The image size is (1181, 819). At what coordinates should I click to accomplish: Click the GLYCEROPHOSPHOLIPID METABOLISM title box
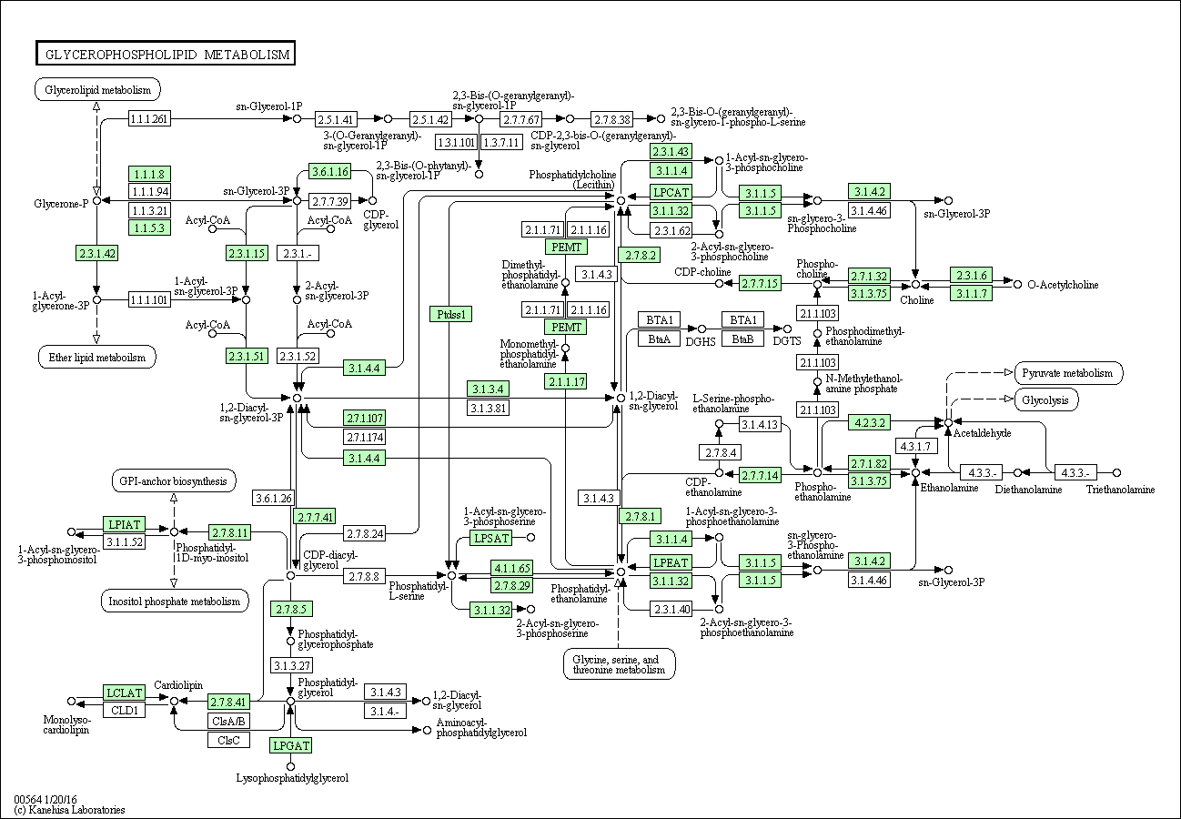pyautogui.click(x=166, y=55)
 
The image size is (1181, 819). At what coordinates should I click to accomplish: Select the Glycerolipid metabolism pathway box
pyautogui.click(x=97, y=89)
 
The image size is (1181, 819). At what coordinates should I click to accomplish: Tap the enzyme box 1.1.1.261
pyautogui.click(x=149, y=118)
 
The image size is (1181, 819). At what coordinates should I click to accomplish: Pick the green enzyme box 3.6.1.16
pyautogui.click(x=329, y=172)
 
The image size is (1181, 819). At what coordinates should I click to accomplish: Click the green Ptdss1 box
pyautogui.click(x=450, y=314)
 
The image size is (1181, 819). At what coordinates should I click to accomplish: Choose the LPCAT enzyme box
pyautogui.click(x=671, y=192)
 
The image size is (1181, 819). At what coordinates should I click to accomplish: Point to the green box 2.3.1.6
pyautogui.click(x=969, y=275)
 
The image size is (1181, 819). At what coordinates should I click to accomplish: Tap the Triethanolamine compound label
pyautogui.click(x=1120, y=490)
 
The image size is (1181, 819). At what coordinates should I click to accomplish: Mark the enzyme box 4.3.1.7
pyautogui.click(x=914, y=446)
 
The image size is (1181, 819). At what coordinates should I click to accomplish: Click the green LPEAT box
pyautogui.click(x=671, y=562)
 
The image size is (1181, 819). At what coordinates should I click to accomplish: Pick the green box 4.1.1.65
pyautogui.click(x=512, y=568)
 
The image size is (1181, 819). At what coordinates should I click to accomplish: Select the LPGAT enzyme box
pyautogui.click(x=291, y=745)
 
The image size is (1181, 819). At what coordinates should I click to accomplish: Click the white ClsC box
pyautogui.click(x=227, y=740)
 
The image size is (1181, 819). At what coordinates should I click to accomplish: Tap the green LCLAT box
pyautogui.click(x=125, y=693)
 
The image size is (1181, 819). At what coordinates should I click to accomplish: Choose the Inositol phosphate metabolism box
pyautogui.click(x=174, y=601)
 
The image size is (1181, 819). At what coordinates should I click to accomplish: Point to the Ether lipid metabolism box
pyautogui.click(x=96, y=357)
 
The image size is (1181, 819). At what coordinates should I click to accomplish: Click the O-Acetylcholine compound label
pyautogui.click(x=1063, y=285)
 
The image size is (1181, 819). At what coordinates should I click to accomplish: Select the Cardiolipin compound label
pyautogui.click(x=177, y=684)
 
